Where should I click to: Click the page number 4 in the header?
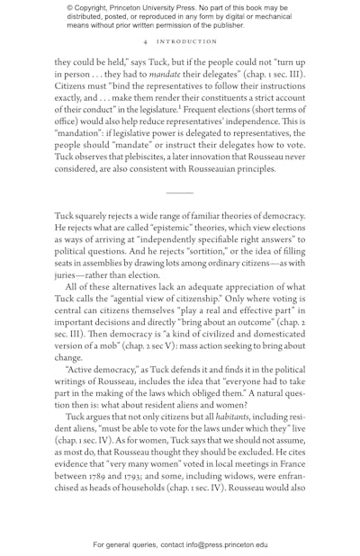[145, 41]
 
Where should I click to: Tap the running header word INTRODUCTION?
[186, 41]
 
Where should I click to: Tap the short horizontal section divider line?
[179, 193]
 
